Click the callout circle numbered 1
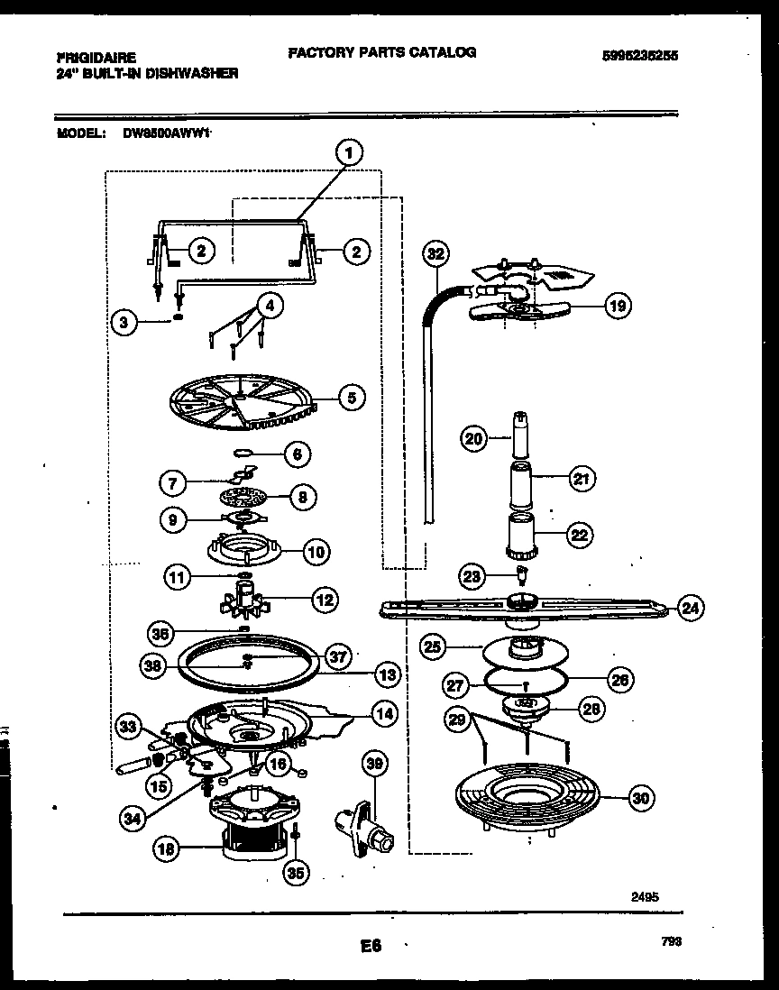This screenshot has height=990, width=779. pos(351,153)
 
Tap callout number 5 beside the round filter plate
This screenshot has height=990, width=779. pos(352,395)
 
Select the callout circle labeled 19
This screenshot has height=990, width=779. pos(617,307)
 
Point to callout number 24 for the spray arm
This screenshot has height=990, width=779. pos(690,609)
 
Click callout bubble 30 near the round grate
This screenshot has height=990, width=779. pos(641,798)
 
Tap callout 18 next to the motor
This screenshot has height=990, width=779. pos(168,848)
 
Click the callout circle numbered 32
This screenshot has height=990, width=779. pos(435,254)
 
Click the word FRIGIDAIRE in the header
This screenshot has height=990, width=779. pos(88,56)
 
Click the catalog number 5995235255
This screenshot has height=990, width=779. pos(640,55)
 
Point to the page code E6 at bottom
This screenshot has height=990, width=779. pos(371,947)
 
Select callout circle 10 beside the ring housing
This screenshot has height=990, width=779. pos(316,551)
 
